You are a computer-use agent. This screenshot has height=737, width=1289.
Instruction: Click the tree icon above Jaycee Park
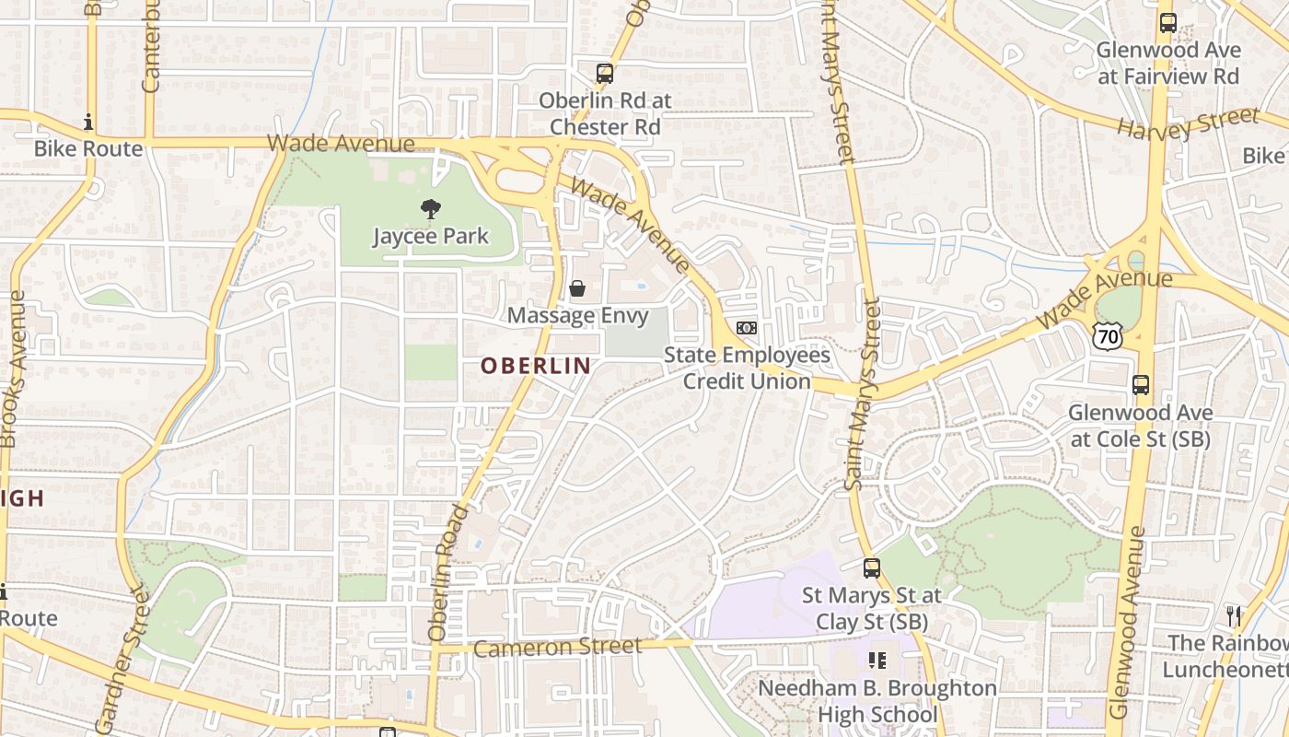tap(430, 210)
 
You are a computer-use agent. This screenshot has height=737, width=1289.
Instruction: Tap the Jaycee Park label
tap(430, 237)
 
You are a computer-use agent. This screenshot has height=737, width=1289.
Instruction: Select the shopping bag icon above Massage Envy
tap(577, 288)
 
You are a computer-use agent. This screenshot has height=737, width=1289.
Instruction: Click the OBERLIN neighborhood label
tap(536, 366)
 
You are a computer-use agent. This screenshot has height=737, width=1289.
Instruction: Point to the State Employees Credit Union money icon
tap(747, 328)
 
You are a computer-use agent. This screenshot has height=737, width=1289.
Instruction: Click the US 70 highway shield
tap(1108, 336)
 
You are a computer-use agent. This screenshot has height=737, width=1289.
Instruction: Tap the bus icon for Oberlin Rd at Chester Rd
tap(605, 74)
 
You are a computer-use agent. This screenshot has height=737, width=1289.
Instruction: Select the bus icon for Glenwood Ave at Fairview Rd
tap(1168, 23)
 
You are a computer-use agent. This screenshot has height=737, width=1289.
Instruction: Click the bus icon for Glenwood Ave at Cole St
tap(1141, 385)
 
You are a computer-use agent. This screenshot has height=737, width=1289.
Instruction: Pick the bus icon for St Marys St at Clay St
tap(872, 568)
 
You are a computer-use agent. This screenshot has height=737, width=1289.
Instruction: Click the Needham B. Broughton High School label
tap(877, 701)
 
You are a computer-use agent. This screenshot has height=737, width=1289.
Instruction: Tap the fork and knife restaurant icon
tap(1234, 615)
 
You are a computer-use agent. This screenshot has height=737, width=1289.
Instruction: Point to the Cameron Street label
tap(558, 648)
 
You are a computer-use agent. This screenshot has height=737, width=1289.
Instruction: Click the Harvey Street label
tap(1188, 123)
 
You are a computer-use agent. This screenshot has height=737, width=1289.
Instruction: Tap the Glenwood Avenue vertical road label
tap(1128, 623)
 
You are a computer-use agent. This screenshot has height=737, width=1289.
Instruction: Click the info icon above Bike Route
tap(88, 122)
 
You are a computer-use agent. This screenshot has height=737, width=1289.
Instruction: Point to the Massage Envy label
tap(577, 315)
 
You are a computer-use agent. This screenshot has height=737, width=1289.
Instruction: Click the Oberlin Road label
tap(448, 572)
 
